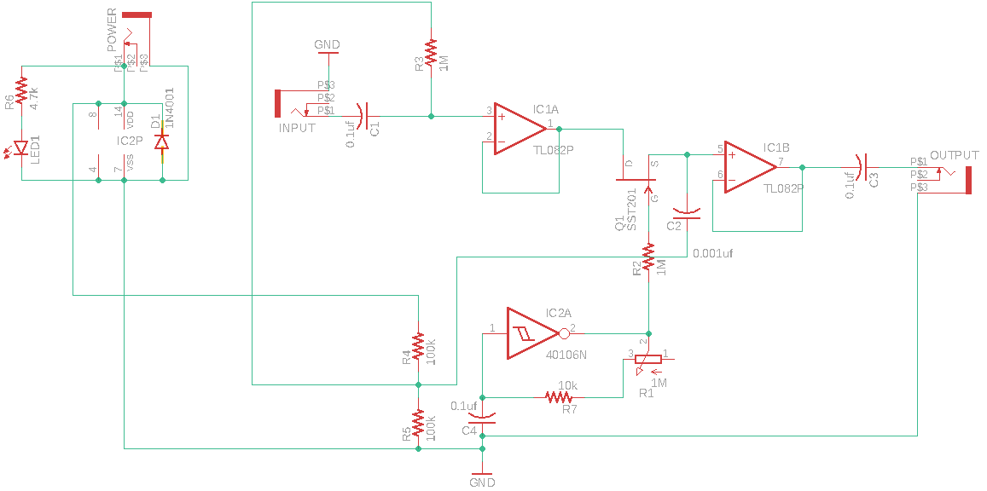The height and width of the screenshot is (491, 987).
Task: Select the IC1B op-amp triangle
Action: coord(748,166)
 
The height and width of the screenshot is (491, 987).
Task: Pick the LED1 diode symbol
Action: coord(21,150)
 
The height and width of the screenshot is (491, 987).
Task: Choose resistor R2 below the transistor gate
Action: coord(649,257)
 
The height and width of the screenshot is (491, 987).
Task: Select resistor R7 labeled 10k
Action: coord(559,397)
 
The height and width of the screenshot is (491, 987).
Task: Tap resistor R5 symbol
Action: coord(418,423)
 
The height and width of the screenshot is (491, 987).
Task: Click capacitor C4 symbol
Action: coord(482,418)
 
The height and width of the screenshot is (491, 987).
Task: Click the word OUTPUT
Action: coord(954,155)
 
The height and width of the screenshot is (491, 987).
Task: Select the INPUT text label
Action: coord(297,128)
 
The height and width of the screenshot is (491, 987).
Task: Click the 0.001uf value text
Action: coord(713,253)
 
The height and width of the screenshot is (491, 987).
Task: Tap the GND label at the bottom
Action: coord(482,482)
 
